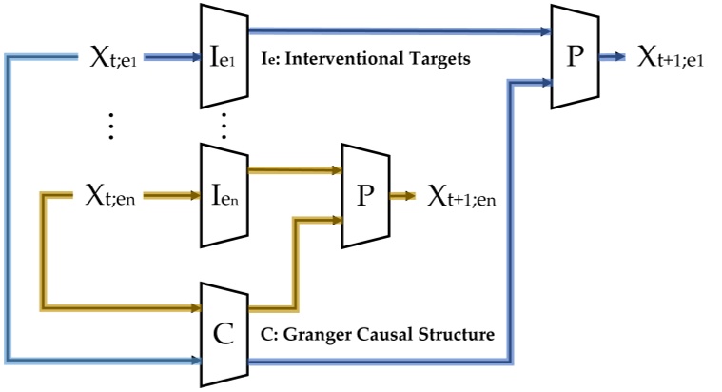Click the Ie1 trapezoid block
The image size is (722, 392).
(220, 57)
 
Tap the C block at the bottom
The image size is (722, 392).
(222, 333)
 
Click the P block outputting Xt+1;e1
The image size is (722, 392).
(573, 57)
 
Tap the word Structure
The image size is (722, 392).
(452, 335)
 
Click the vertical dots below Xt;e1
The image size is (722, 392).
(111, 127)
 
